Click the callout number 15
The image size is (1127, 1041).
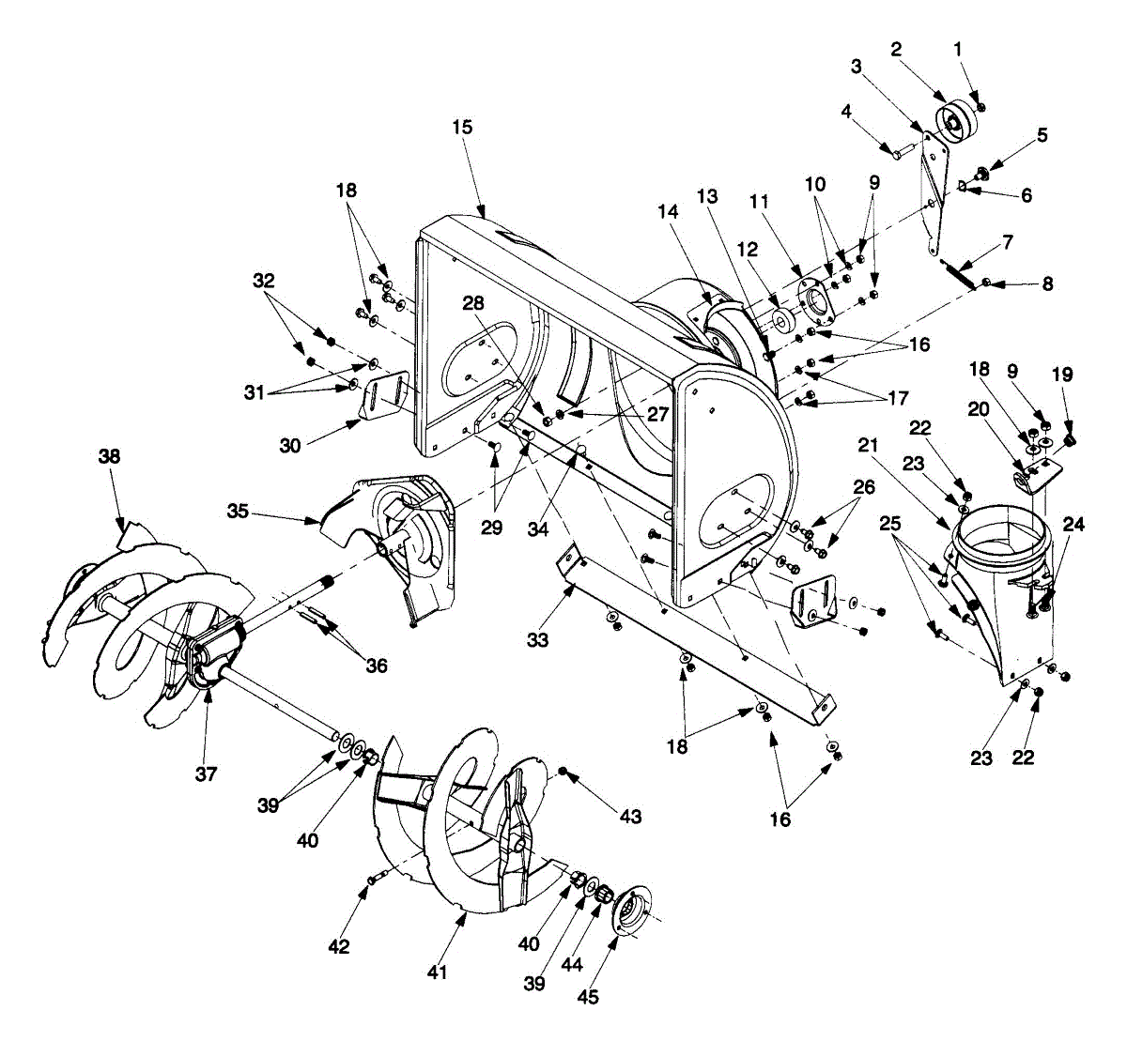tap(462, 127)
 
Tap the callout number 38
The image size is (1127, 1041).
tap(111, 457)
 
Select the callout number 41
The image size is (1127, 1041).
tap(438, 972)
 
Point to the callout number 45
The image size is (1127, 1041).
tap(589, 997)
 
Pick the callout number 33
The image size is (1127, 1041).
tap(537, 640)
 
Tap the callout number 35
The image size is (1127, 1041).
tap(238, 511)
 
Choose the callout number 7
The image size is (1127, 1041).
tap(1007, 242)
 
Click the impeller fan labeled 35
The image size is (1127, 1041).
tap(399, 535)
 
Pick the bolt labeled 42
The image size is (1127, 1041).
tap(375, 879)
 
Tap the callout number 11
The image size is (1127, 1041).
tap(759, 201)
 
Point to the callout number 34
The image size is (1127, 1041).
tap(537, 529)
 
